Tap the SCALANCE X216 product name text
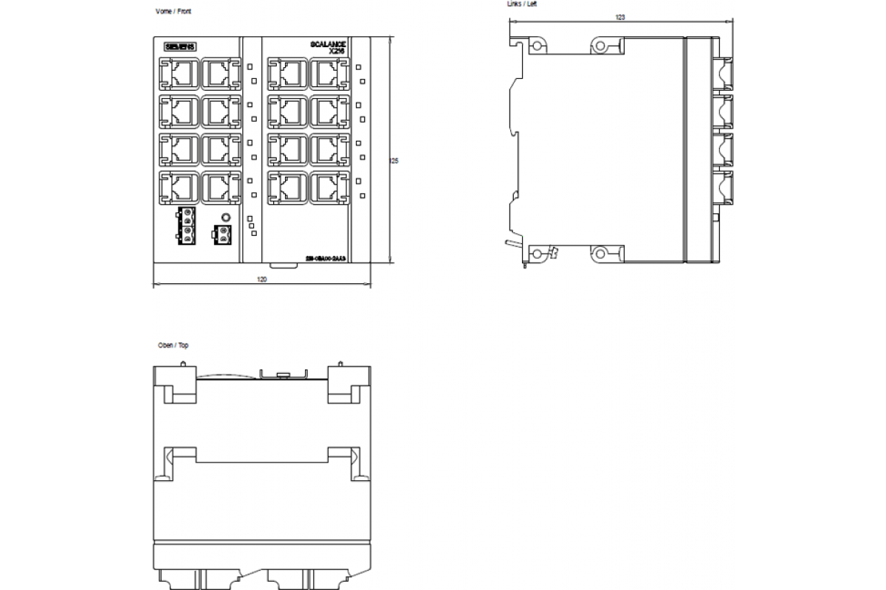point(329,47)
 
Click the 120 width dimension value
point(261,280)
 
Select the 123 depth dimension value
point(619,16)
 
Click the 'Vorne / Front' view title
point(174,12)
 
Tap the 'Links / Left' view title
point(522,4)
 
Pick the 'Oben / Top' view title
point(173,345)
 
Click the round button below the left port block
point(227,218)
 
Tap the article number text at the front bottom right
point(326,259)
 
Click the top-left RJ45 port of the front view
point(179,74)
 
